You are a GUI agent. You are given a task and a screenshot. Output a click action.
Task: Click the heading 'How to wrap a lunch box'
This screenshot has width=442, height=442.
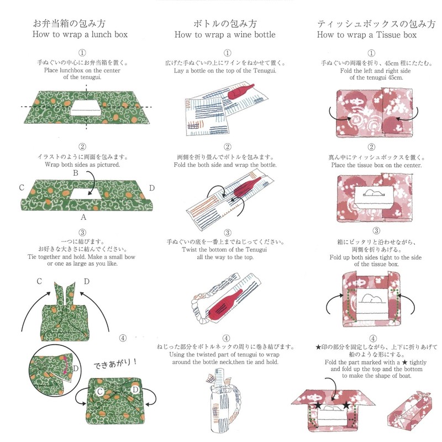point(81,34)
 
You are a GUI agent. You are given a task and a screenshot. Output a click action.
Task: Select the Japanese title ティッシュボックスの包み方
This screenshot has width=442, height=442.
point(371,24)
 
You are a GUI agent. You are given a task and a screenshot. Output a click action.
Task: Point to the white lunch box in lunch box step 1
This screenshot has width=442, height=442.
point(85,107)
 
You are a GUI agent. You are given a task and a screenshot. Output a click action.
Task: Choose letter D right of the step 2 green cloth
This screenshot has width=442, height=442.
point(152,188)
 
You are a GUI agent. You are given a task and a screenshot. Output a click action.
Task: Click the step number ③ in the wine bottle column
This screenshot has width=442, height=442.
point(227,233)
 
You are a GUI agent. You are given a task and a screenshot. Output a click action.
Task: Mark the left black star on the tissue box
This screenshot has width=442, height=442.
point(319,406)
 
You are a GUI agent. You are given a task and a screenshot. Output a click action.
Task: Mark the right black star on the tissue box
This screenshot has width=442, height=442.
point(346,406)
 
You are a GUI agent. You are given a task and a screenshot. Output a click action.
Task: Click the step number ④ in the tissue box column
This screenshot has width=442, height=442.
point(371,339)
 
